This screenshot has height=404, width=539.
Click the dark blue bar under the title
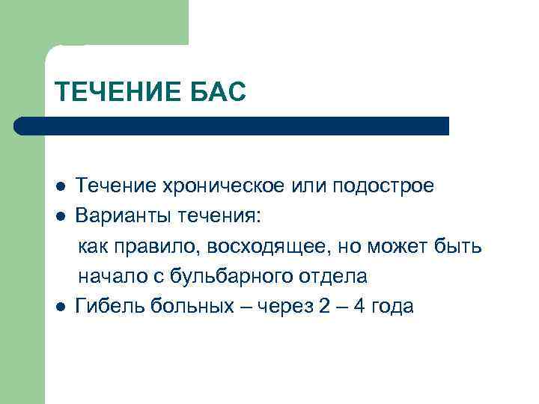[x=232, y=125]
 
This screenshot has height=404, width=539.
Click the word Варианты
[x=121, y=216]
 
